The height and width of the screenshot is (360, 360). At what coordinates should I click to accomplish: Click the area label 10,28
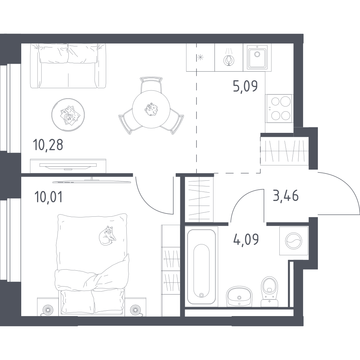pos(48,145)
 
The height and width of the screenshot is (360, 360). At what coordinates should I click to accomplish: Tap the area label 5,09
pos(245,86)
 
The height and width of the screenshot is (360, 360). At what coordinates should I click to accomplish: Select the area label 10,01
pos(48,197)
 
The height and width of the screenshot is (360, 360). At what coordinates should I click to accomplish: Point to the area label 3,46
pos(285,196)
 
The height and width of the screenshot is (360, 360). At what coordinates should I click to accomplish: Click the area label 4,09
pos(246,239)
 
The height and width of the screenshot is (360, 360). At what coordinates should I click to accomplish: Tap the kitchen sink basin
pos(257,57)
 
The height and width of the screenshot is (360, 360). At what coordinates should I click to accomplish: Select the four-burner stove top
pos(279,108)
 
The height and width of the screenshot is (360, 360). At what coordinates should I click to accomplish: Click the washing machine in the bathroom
pos(294,241)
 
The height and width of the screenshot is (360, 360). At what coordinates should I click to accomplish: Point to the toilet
pos(270,292)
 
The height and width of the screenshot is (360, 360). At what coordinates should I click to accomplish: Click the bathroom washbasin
pos(239,297)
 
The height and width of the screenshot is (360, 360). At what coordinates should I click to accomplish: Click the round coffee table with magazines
pos(68,115)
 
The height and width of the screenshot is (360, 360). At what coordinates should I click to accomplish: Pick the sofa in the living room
pos(68,66)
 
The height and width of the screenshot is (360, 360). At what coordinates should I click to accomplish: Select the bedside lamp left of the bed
pos(48,310)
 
